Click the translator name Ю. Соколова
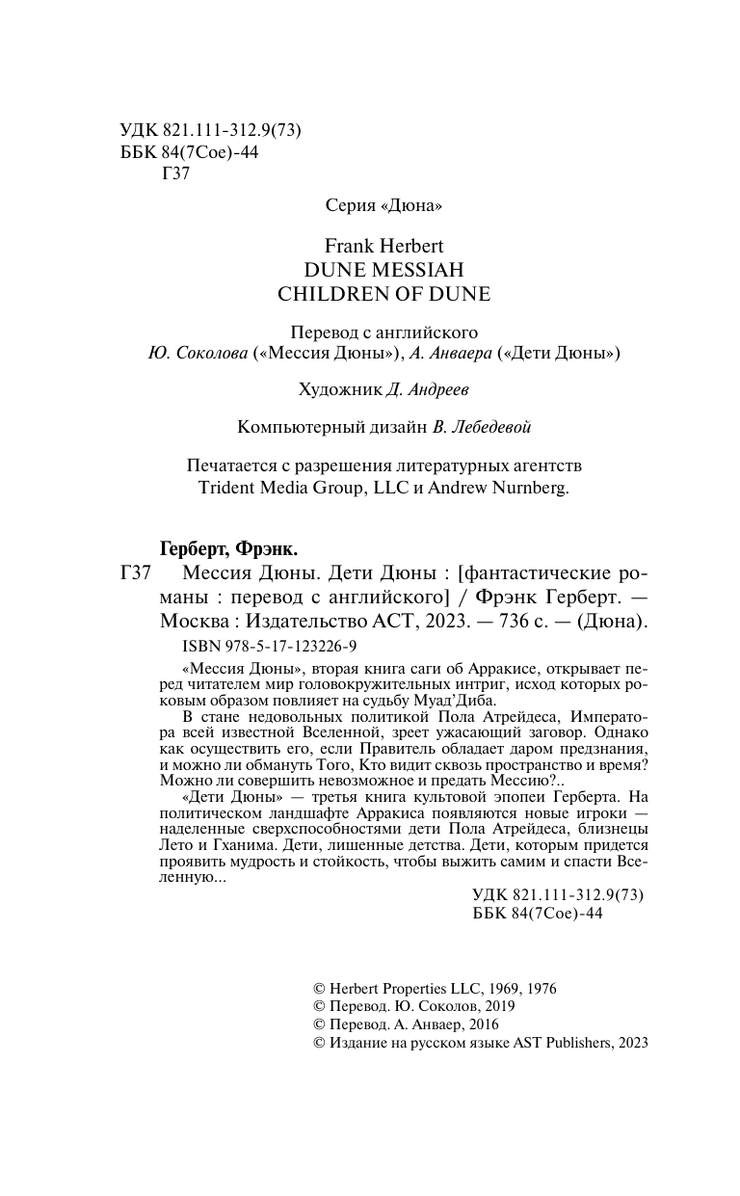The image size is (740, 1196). coord(197,354)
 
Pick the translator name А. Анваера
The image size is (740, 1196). coord(453,354)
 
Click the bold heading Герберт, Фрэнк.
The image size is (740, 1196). coord(227,550)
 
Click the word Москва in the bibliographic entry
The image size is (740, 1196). coord(188,622)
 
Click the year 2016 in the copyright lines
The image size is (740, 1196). coord(480,1024)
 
